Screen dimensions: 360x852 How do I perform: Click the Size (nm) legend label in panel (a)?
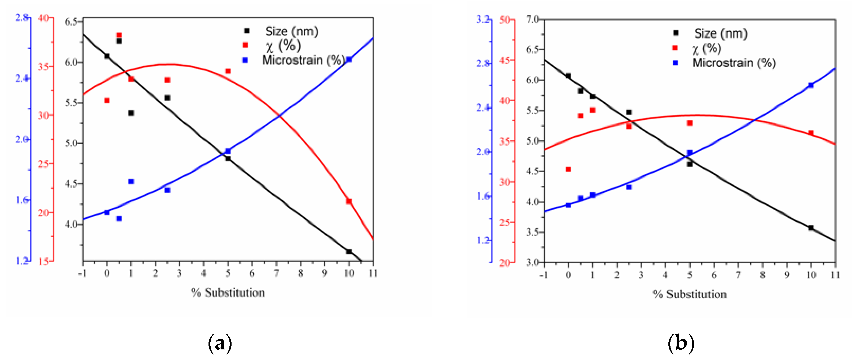point(291,32)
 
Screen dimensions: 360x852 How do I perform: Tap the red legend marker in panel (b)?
point(674,48)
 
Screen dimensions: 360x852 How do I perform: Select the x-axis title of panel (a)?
point(228,292)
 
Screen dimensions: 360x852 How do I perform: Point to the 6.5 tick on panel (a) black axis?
point(71,22)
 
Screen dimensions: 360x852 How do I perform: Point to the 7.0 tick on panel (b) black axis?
point(532,19)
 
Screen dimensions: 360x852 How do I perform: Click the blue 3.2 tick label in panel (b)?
point(483,19)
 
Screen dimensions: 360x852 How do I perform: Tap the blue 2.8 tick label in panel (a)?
point(21,18)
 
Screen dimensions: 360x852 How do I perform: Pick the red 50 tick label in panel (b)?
point(505,20)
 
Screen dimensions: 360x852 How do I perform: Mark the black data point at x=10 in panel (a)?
point(349,252)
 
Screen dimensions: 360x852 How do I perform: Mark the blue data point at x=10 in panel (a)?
point(349,60)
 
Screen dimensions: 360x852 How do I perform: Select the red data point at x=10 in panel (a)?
point(349,201)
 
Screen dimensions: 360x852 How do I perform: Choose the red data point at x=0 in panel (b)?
point(568,169)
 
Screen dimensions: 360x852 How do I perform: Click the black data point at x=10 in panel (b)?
point(811,228)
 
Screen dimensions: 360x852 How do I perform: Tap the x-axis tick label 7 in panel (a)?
point(276,273)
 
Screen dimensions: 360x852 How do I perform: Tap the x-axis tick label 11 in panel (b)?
point(836,275)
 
